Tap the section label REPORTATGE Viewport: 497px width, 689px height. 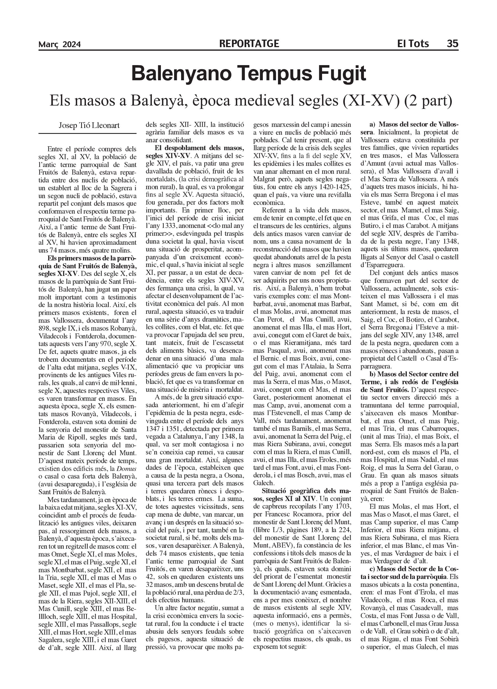pyautogui.click(x=249, y=44)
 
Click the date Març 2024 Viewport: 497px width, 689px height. pyautogui.click(x=60, y=45)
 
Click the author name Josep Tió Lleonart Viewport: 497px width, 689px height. pyautogui.click(x=89, y=125)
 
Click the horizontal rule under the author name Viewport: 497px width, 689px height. pyautogui.click(x=88, y=134)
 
